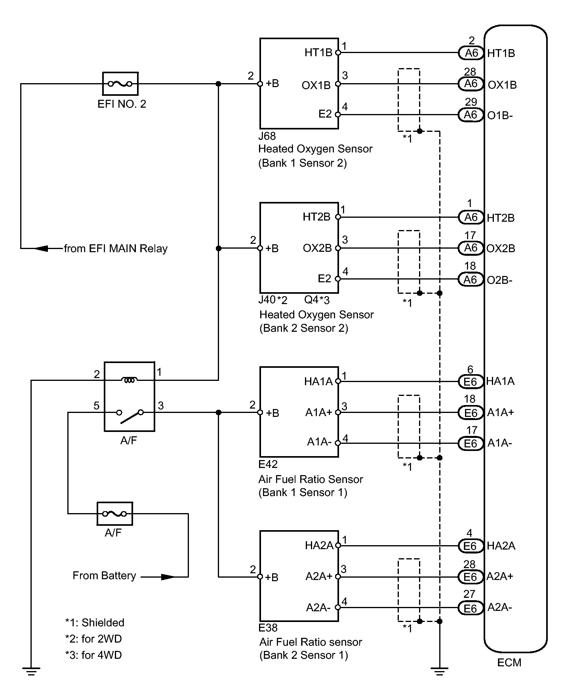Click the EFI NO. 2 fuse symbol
120,84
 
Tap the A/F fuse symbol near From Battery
114,514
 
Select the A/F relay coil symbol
130,380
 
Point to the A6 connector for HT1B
471,53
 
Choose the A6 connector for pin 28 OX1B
471,84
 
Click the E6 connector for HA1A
471,381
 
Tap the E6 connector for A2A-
471,608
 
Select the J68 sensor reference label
267,136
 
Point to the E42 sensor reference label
268,464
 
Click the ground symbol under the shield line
439,671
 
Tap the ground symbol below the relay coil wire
31,671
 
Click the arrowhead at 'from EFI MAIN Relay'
42,249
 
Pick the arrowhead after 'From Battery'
168,577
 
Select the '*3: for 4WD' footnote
93,655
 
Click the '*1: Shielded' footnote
95,623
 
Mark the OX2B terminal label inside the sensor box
317,248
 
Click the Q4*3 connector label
317,300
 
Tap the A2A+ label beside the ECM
500,576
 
